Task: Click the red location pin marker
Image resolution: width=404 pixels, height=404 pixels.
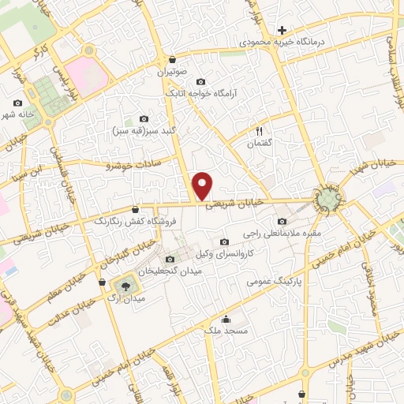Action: (x=204, y=185)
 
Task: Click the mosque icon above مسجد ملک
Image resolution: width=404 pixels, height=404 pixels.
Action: (x=226, y=320)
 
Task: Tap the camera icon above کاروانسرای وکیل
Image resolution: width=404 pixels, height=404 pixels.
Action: (x=225, y=241)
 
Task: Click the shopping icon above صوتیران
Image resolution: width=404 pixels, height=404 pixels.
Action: (x=172, y=59)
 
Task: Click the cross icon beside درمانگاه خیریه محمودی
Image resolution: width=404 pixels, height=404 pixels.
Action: (x=282, y=30)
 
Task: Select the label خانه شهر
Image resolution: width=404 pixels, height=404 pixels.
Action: (x=18, y=114)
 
